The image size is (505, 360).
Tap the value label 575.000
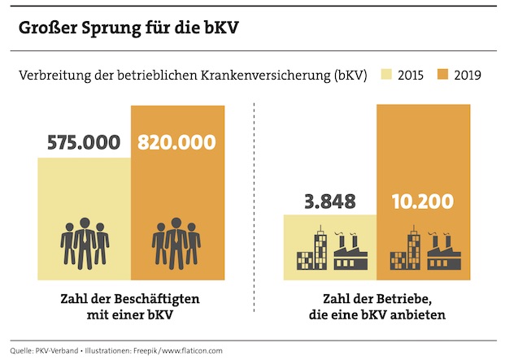point(83,141)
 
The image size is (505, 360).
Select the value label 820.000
point(176,141)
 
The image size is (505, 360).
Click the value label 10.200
point(423,200)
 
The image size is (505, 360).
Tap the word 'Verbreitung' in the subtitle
point(51,76)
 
